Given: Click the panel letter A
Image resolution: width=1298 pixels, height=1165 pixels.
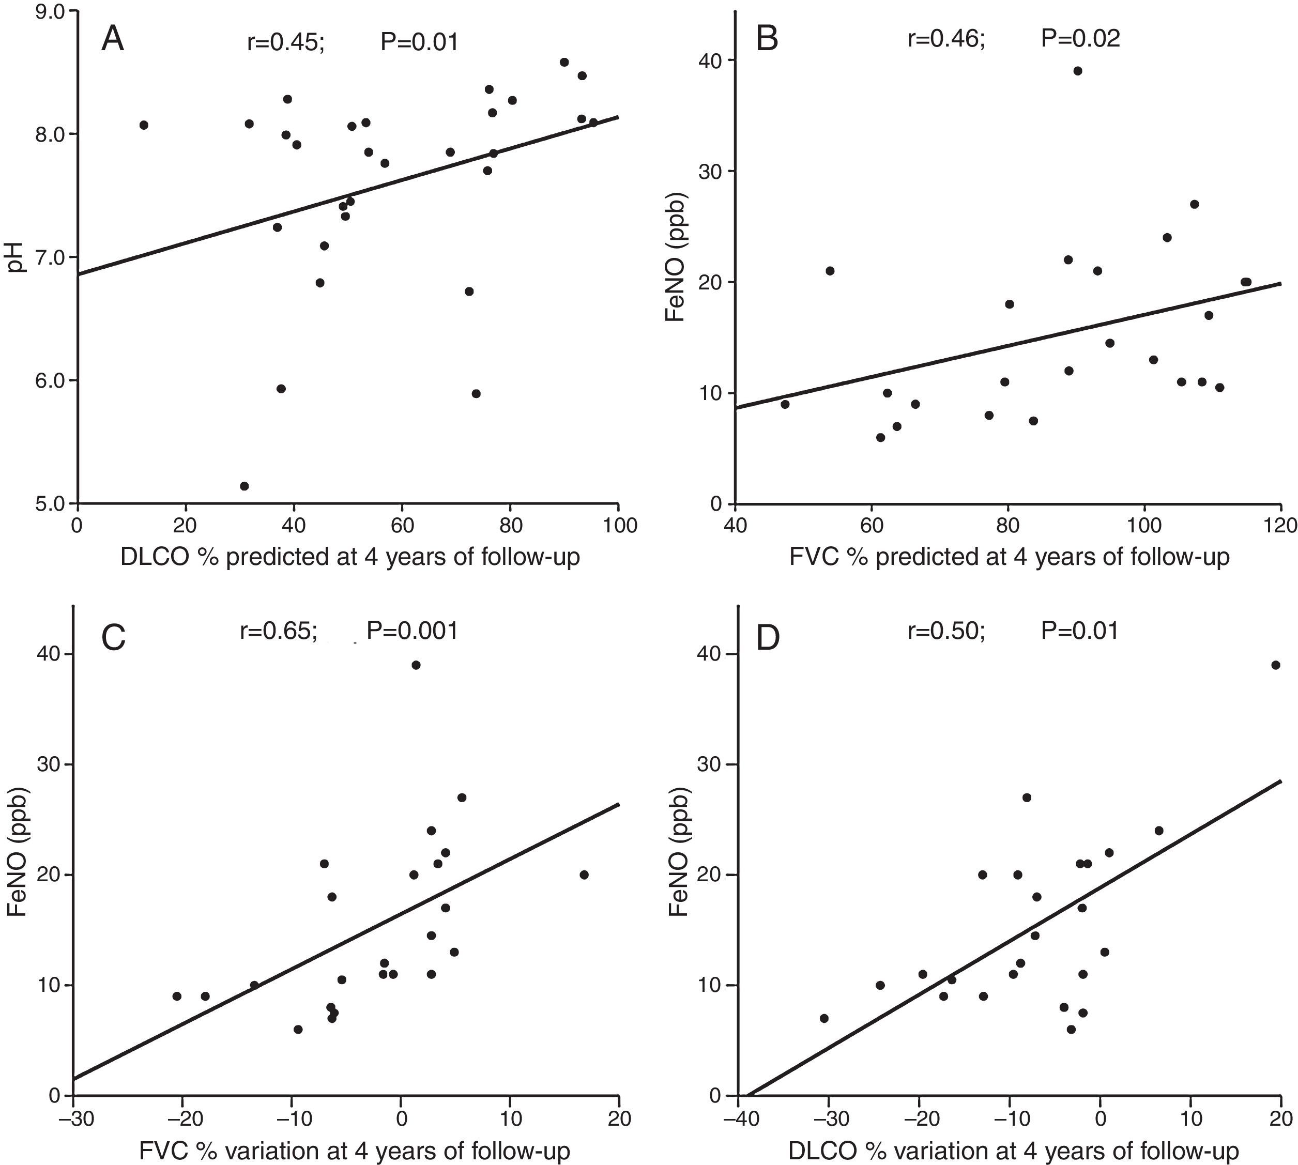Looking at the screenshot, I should coord(113,40).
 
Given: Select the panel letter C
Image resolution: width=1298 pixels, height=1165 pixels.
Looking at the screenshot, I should coord(113,638).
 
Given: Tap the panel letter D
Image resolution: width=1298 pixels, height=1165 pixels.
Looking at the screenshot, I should coord(768,638).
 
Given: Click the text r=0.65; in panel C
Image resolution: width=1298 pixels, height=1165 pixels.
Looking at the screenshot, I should coord(279,631).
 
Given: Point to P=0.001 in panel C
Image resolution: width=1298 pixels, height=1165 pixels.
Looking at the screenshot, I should coord(412,631).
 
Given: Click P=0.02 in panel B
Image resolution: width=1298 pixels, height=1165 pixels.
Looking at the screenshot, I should coord(1080,39).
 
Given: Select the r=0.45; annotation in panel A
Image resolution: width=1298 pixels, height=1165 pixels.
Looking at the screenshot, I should coord(286,42).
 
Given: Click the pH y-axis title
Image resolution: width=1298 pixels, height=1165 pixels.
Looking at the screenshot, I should coord(17,257).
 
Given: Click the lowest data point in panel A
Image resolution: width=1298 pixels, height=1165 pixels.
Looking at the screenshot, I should coord(244,486).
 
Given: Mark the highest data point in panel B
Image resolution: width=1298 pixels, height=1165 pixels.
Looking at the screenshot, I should coord(1078,71).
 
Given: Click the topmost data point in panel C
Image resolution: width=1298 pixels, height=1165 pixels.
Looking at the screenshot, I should coord(416,665).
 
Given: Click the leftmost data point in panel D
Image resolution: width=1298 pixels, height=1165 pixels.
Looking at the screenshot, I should coord(824,1018).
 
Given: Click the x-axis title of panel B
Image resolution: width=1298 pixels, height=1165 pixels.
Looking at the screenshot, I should coord(1010,557).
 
